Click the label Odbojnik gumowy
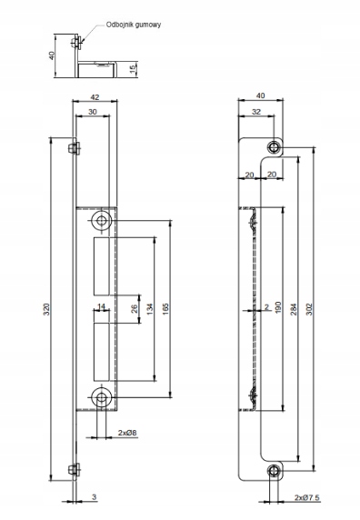[134, 25]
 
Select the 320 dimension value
[46, 309]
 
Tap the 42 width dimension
[95, 97]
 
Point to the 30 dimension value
[93, 112]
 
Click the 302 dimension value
[308, 309]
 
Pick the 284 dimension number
[294, 309]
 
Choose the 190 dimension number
[278, 307]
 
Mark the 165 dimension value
[165, 309]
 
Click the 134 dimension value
[150, 309]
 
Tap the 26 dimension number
[135, 309]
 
